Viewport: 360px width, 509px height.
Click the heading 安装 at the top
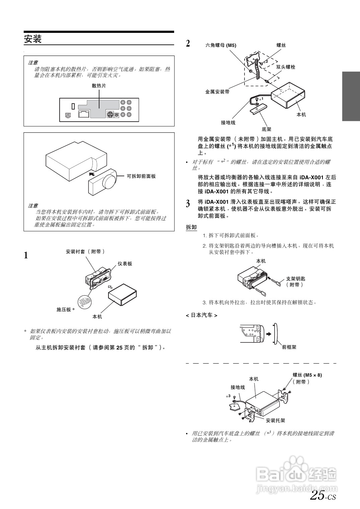[x=33, y=39]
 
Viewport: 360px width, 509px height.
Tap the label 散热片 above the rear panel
[x=99, y=86]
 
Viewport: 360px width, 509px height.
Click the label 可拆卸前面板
[x=141, y=176]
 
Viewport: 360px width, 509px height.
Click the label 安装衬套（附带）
[x=85, y=251]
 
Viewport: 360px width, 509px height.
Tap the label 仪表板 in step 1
[x=125, y=264]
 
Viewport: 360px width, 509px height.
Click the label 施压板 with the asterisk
[x=65, y=310]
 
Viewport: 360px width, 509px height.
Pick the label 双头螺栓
[x=286, y=67]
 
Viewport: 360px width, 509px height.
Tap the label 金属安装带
[x=217, y=91]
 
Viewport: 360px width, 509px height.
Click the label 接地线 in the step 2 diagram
[x=228, y=123]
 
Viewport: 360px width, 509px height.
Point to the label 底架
[x=267, y=129]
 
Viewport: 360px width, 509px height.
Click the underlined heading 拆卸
[x=191, y=227]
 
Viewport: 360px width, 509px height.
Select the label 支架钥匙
[x=296, y=279]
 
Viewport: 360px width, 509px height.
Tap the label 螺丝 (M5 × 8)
[x=307, y=375]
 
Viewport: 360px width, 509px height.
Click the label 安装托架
[x=275, y=421]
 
